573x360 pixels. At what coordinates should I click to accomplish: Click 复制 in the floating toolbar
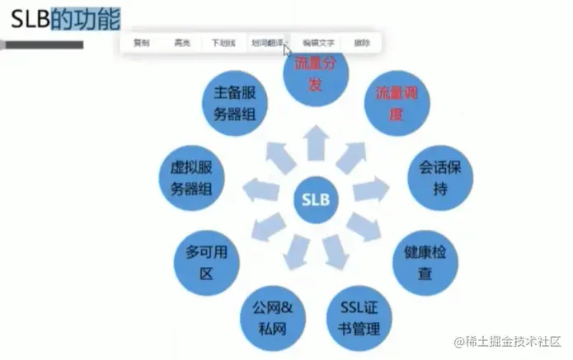tap(142, 42)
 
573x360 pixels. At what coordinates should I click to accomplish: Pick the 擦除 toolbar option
tap(362, 42)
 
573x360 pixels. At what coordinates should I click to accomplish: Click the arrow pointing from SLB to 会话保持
tap(369, 189)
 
